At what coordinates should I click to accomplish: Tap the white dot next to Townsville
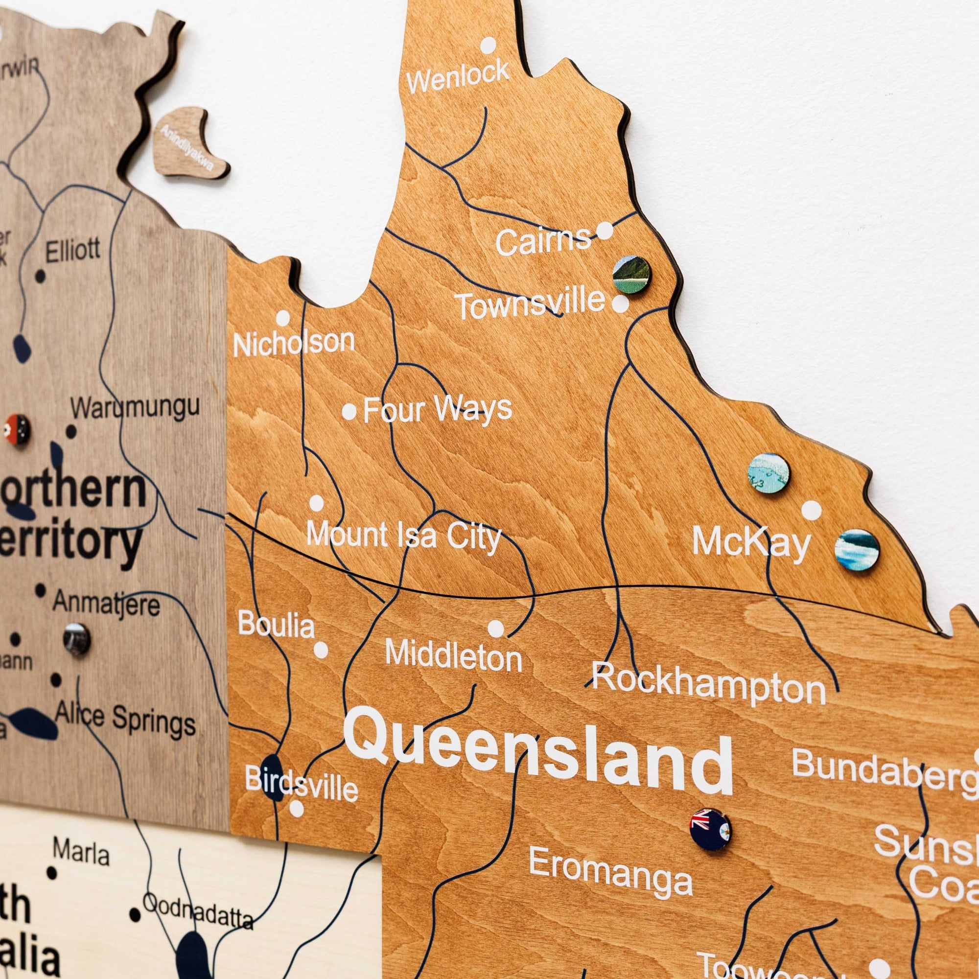[x=620, y=304]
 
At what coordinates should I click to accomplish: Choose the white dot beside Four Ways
[x=349, y=412]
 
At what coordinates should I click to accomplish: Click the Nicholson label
[x=294, y=343]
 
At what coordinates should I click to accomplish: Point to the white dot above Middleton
[x=495, y=629]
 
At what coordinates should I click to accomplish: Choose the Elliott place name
[x=73, y=250]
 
